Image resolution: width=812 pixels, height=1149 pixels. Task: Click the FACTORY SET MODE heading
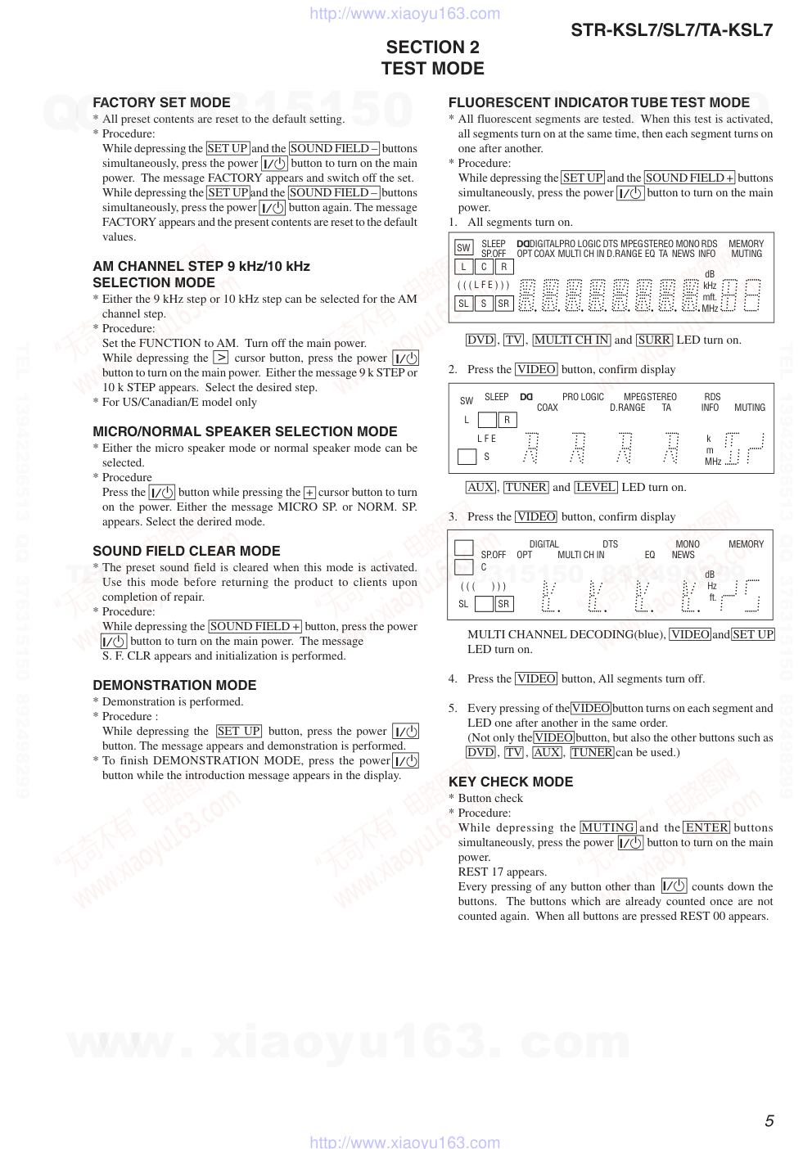pyautogui.click(x=161, y=102)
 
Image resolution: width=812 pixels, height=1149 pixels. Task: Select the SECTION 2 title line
pyautogui.click(x=432, y=47)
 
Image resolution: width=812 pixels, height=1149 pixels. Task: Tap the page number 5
pyautogui.click(x=769, y=1121)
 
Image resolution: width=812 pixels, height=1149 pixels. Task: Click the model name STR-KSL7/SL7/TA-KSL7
pyautogui.click(x=671, y=30)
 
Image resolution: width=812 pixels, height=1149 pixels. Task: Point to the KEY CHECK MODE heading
pyautogui.click(x=510, y=782)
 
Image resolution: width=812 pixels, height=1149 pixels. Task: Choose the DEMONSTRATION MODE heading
pyautogui.click(x=174, y=685)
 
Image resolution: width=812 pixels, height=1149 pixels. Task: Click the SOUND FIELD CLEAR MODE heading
pyautogui.click(x=186, y=551)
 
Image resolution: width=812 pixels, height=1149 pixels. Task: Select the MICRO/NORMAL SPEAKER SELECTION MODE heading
pyautogui.click(x=245, y=431)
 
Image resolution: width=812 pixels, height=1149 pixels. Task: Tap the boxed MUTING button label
pyautogui.click(x=607, y=827)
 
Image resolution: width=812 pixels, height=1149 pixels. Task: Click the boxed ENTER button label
pyautogui.click(x=706, y=827)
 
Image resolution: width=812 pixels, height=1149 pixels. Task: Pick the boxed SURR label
pyautogui.click(x=654, y=340)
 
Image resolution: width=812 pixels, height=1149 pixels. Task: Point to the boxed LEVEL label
pyautogui.click(x=596, y=487)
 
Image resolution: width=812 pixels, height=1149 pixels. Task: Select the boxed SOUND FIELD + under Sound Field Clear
pyautogui.click(x=255, y=626)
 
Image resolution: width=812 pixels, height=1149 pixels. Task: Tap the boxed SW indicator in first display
pyautogui.click(x=463, y=247)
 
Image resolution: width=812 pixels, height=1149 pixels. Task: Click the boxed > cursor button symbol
pyautogui.click(x=220, y=358)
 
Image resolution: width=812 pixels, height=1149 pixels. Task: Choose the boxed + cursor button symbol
pyautogui.click(x=309, y=493)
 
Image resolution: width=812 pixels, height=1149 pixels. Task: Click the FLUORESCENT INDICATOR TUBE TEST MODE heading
pyautogui.click(x=598, y=102)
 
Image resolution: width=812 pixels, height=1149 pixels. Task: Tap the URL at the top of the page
pyautogui.click(x=405, y=13)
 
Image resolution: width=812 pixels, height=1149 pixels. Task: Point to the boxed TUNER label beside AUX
pyautogui.click(x=526, y=487)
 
